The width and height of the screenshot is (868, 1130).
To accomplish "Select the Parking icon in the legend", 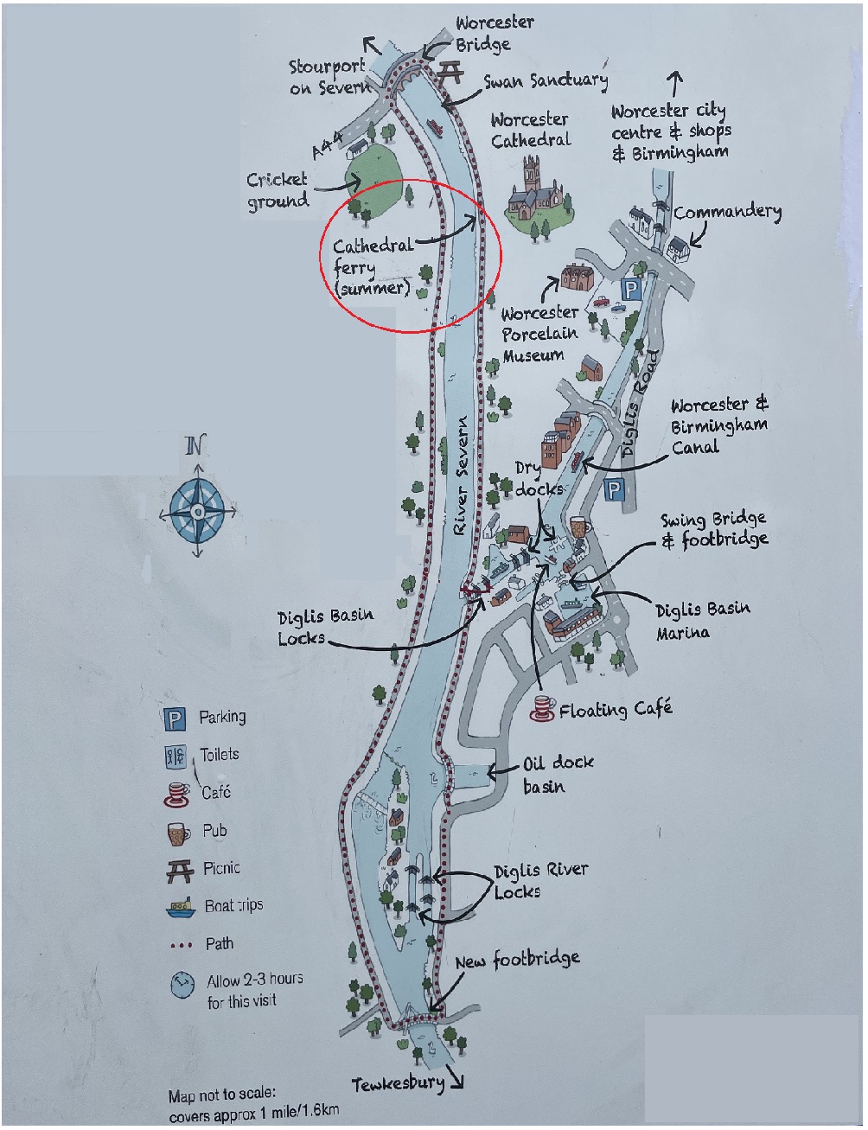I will click(175, 718).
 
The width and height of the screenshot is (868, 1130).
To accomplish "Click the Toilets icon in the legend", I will click(175, 757).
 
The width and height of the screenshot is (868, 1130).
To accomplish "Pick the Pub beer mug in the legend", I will click(178, 833).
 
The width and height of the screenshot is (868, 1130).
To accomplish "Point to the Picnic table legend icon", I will click(179, 871).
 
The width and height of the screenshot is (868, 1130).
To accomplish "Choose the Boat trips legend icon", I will click(181, 908).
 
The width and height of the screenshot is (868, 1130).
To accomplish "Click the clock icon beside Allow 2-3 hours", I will click(182, 986).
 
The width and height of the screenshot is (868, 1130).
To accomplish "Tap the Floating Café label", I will click(615, 710).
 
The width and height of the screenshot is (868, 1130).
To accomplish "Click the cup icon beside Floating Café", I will click(542, 708).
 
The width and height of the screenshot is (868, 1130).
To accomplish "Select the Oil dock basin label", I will click(556, 774).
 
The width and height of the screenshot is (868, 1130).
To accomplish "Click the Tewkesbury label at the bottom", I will click(398, 1084).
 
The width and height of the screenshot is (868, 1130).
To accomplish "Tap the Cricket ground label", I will click(278, 190).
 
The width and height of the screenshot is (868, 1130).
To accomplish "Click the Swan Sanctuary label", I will click(546, 81).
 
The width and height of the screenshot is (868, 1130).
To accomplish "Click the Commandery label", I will click(727, 212).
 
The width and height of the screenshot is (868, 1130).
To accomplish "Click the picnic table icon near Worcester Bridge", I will click(450, 73).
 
